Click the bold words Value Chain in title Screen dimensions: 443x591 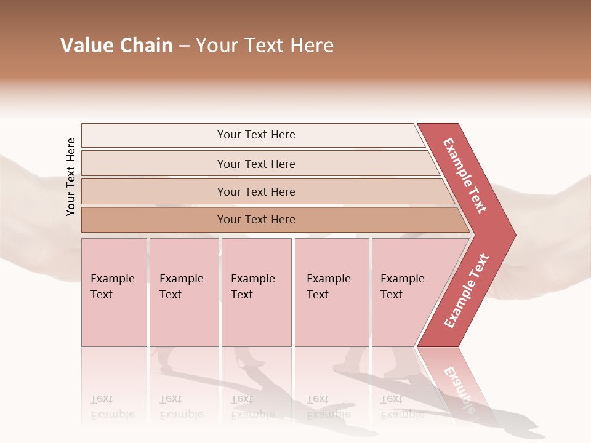(116, 46)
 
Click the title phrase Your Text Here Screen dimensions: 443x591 (265, 46)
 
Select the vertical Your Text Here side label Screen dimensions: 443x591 (71, 177)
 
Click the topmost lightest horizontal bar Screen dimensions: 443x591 (256, 135)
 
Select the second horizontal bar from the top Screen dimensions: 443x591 (256, 164)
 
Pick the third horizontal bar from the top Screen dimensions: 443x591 (256, 191)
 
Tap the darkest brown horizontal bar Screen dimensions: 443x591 (256, 220)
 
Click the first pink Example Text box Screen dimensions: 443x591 (114, 292)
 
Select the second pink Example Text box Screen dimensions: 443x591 (183, 292)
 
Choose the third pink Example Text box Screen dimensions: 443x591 (256, 292)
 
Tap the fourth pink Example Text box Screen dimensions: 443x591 (331, 292)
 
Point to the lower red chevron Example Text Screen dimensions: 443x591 (467, 290)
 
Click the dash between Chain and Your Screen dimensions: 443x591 (184, 46)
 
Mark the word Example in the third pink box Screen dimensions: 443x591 (252, 279)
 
